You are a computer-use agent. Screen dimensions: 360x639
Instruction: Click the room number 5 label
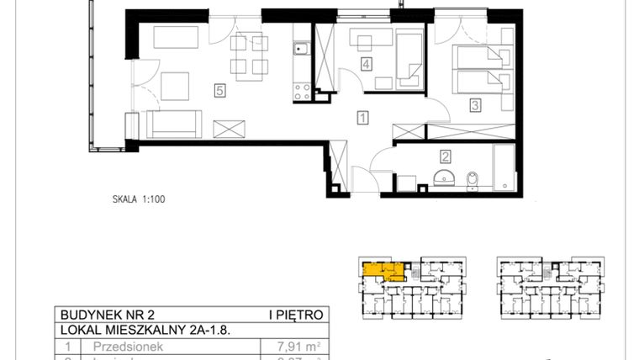pos(220,92)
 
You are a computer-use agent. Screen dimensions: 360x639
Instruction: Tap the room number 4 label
pos(365,63)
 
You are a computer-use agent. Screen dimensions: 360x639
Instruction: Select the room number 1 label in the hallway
pos(362,119)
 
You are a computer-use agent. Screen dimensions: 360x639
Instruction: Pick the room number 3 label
pos(475,105)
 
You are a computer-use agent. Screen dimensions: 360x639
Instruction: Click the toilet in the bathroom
pos(473,179)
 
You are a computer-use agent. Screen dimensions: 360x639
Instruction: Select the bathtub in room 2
pos(502,166)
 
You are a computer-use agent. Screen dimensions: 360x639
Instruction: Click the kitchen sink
pos(299,52)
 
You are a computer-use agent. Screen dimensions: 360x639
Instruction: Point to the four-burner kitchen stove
pos(300,89)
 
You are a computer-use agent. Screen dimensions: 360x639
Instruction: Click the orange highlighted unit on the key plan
pos(379,269)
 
